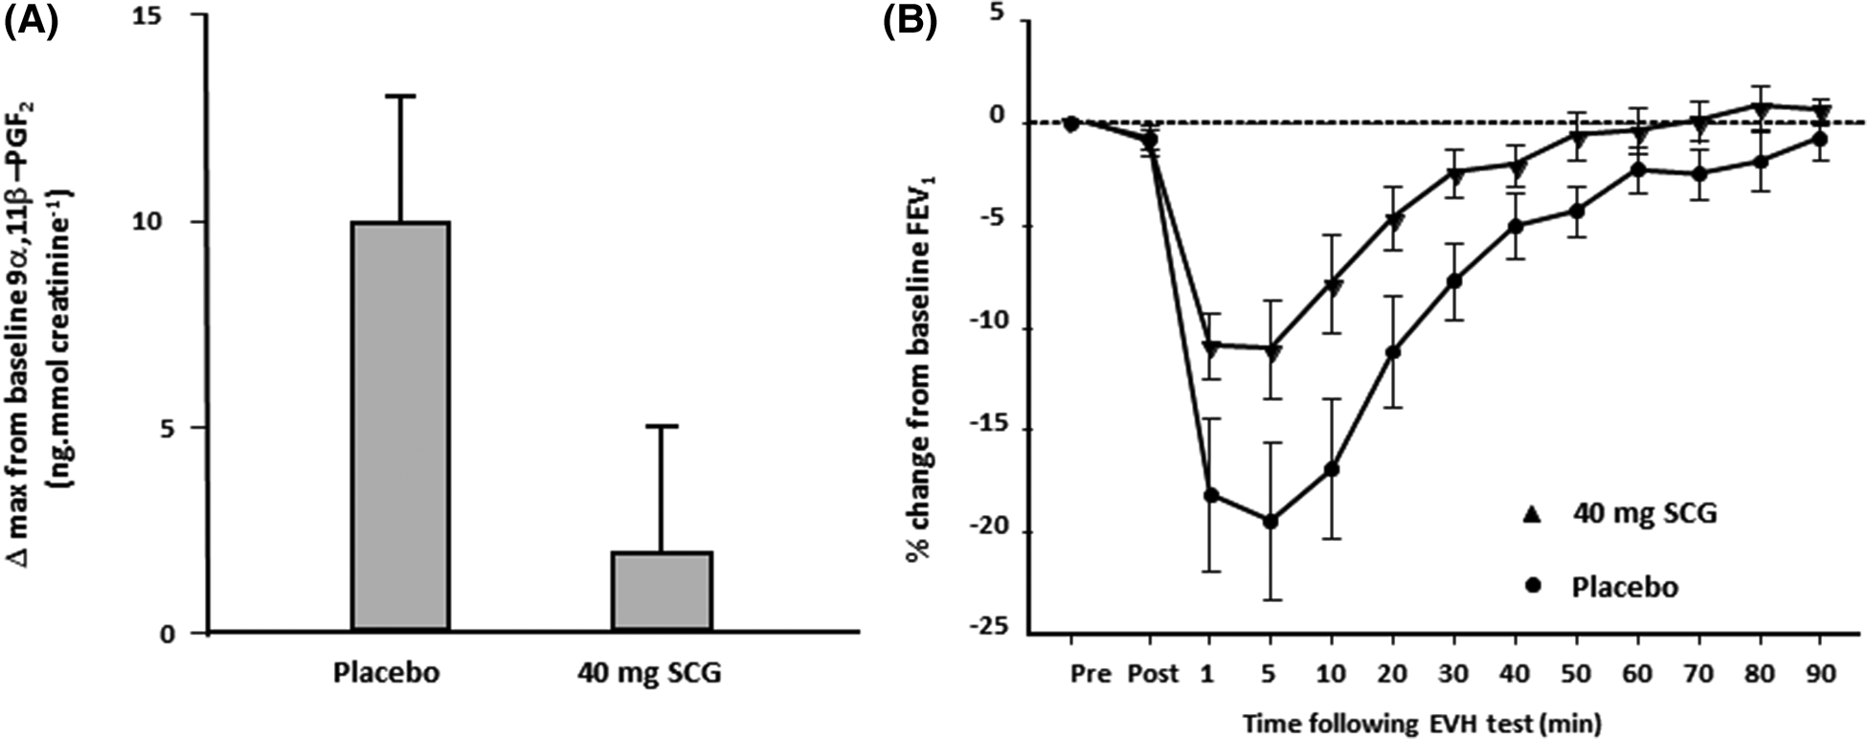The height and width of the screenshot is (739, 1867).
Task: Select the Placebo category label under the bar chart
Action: pos(386,673)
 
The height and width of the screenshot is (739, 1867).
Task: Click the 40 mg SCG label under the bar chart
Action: pos(649,673)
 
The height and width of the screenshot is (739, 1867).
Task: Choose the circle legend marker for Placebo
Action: pos(1533,586)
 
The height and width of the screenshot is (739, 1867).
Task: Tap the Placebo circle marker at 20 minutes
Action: pos(1393,352)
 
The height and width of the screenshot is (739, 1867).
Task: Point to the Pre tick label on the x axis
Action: pos(1091,674)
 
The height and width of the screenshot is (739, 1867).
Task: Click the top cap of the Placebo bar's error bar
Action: pos(401,96)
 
